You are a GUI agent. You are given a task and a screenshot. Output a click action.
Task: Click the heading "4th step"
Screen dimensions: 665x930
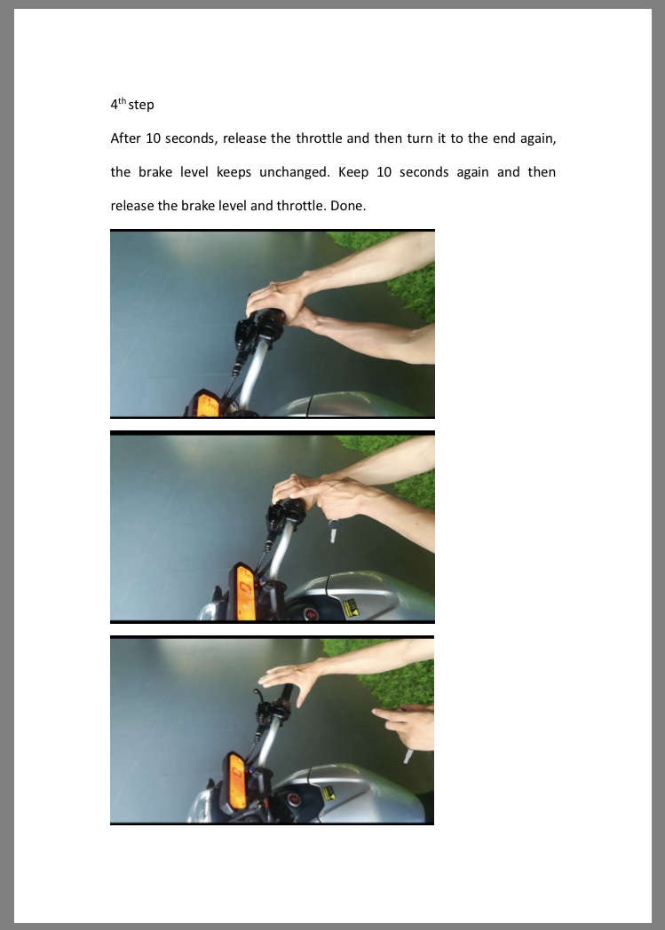tap(132, 104)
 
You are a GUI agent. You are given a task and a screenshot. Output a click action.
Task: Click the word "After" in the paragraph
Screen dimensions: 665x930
tap(125, 138)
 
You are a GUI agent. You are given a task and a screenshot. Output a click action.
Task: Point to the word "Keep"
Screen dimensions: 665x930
tap(353, 172)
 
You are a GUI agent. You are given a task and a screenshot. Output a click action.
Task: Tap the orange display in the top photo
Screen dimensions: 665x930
tap(208, 405)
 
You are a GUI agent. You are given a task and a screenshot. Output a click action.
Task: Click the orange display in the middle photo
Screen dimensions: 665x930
tap(246, 593)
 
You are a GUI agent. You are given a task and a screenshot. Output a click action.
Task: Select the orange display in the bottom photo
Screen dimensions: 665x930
tap(237, 782)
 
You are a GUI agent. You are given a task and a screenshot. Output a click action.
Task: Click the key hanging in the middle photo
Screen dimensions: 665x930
tap(334, 531)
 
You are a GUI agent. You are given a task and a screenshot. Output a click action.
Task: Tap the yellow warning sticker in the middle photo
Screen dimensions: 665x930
tap(352, 609)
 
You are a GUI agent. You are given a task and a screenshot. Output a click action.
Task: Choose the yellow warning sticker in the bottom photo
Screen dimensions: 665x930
tap(328, 792)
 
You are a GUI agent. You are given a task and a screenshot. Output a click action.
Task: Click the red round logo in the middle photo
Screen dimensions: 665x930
tap(312, 614)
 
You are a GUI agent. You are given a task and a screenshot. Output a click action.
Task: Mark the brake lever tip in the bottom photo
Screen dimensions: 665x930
tap(257, 692)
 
